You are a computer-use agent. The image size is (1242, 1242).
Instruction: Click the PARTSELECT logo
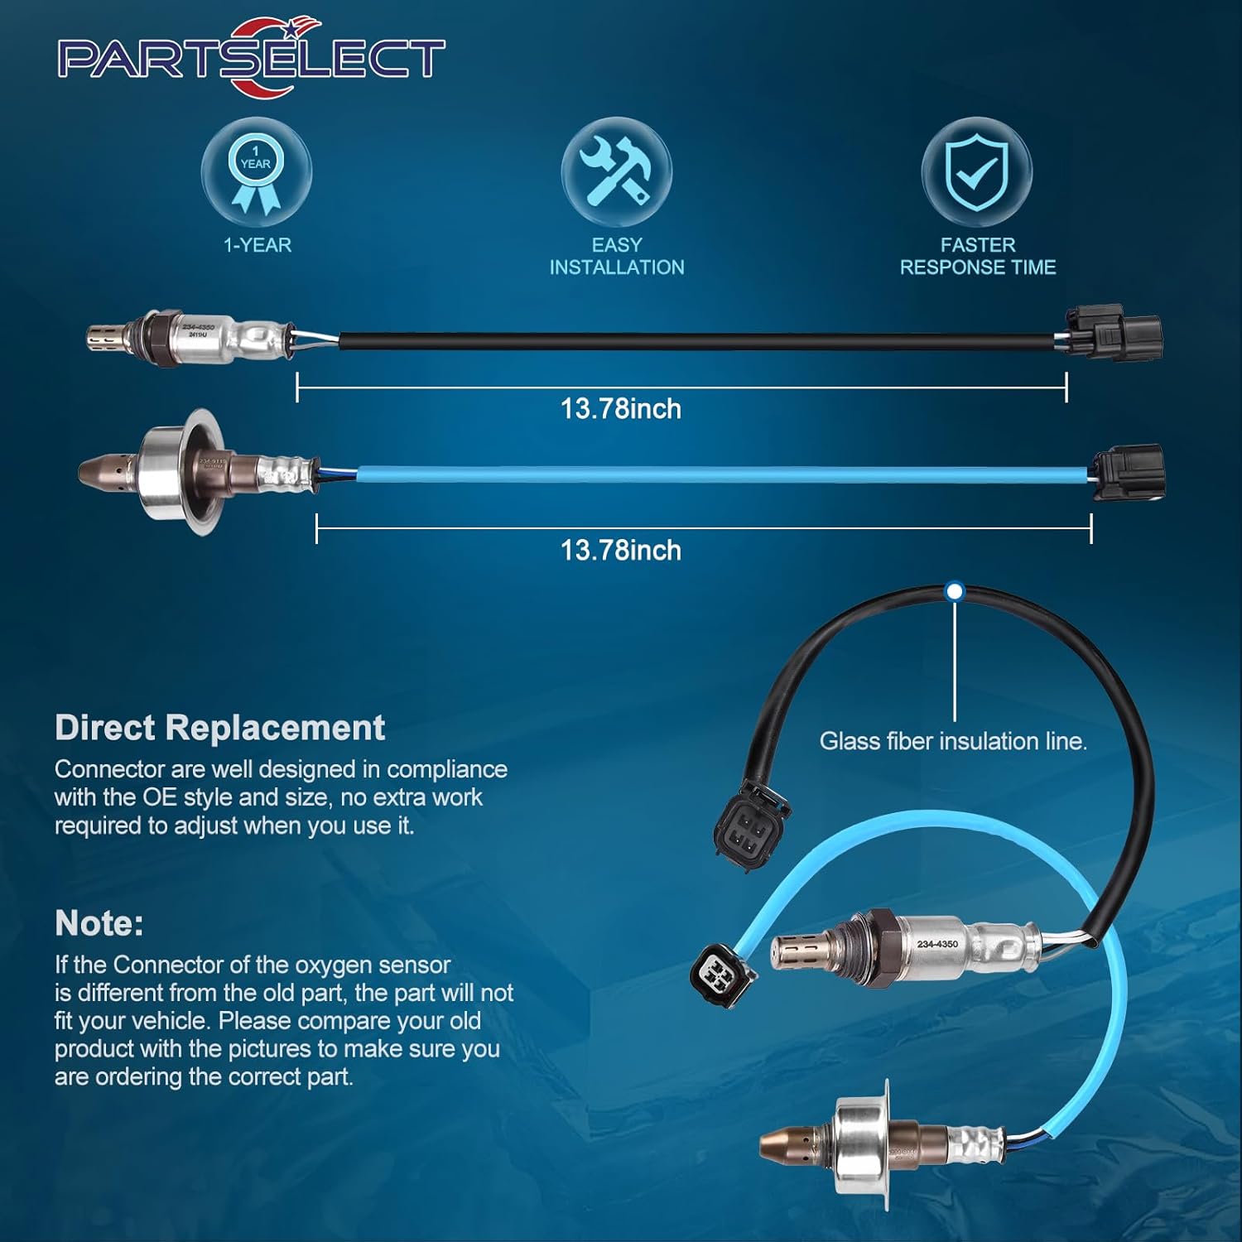pyautogui.click(x=251, y=58)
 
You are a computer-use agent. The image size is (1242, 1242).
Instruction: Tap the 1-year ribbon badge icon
pyautogui.click(x=256, y=172)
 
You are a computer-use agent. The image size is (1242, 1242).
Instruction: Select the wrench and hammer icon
pyautogui.click(x=616, y=172)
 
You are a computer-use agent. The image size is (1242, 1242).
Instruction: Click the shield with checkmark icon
pyautogui.click(x=977, y=172)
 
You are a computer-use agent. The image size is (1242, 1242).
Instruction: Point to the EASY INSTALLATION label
pyautogui.click(x=617, y=256)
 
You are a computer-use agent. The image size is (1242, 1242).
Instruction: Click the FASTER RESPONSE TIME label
pyautogui.click(x=978, y=256)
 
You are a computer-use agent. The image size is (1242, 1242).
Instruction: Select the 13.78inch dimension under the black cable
pyautogui.click(x=621, y=409)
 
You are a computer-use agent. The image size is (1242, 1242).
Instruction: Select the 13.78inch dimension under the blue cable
pyautogui.click(x=621, y=551)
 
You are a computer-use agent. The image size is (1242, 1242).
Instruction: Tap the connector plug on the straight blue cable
pyautogui.click(x=1129, y=472)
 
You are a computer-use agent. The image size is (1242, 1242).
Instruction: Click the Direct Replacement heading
pyautogui.click(x=219, y=728)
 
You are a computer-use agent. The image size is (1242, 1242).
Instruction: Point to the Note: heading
pyautogui.click(x=99, y=923)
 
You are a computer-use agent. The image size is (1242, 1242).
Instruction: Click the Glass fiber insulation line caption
pyautogui.click(x=953, y=741)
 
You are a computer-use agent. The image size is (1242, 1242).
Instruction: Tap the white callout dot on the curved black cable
pyautogui.click(x=955, y=591)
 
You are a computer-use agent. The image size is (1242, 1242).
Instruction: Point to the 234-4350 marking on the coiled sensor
pyautogui.click(x=937, y=944)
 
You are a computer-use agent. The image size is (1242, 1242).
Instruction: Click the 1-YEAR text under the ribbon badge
pyautogui.click(x=258, y=245)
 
